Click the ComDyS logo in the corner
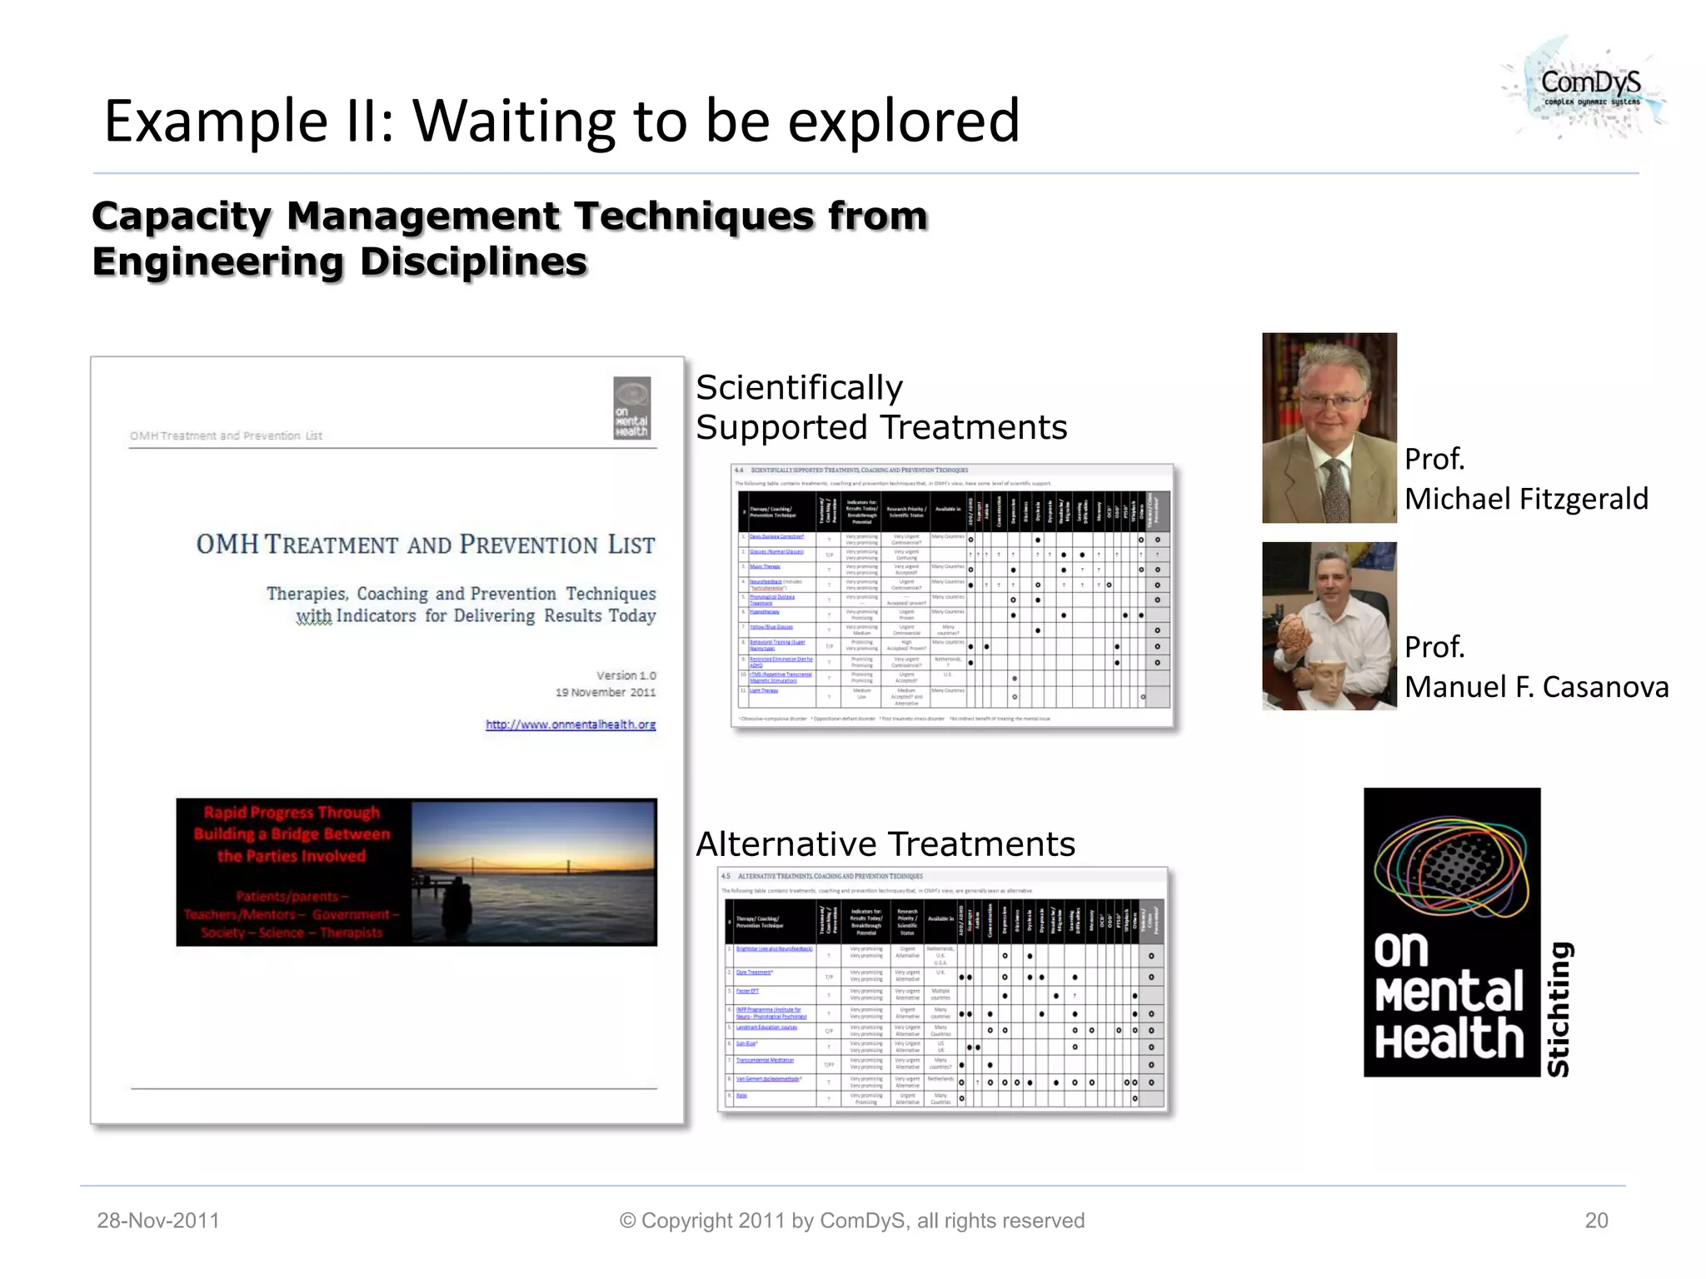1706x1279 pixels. (x=1588, y=87)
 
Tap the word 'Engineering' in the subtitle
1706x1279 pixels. (x=217, y=261)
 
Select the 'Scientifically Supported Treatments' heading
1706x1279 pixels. (x=880, y=407)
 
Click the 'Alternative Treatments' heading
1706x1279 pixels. (x=885, y=844)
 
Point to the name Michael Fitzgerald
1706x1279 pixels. (x=1526, y=499)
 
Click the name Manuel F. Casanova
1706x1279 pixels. (x=1536, y=687)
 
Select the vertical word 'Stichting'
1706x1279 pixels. (x=1558, y=1008)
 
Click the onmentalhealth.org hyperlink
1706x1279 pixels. (x=571, y=724)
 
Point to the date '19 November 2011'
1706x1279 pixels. (x=606, y=692)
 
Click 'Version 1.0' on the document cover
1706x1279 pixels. (x=626, y=675)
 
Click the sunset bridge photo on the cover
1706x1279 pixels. (x=534, y=872)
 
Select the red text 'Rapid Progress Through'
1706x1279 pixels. (x=292, y=812)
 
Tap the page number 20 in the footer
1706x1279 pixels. (x=1596, y=1221)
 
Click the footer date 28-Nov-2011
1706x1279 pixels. (x=158, y=1221)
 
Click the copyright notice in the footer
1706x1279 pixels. (x=851, y=1221)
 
